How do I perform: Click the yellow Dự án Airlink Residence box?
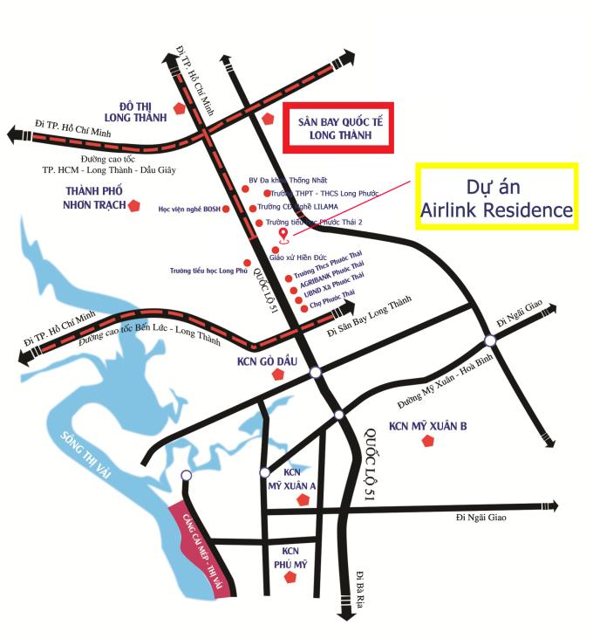point(496,196)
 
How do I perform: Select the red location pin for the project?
point(283,235)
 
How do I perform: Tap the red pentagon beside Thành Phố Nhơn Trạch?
point(134,205)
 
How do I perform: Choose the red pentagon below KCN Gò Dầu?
point(277,374)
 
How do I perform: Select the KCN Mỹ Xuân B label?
point(427,425)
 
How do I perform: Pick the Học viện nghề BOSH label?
point(187,210)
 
